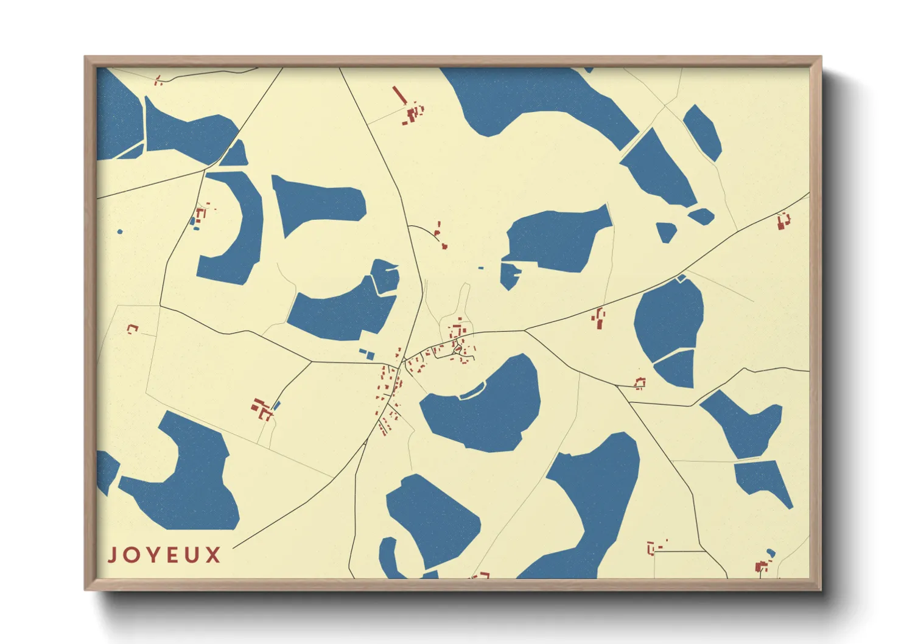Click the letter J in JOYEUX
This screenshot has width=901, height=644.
pos(113,555)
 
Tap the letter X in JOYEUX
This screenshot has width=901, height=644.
pos(212,555)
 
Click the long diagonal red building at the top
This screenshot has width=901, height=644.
pos(399,95)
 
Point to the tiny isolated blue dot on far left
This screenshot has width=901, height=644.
pos(120,231)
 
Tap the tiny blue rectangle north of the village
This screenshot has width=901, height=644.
pos(481,267)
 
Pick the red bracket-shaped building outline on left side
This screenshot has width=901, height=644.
pos(132,329)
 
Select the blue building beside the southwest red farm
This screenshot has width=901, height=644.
pos(276,405)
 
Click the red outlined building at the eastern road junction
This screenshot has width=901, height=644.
pos(640,383)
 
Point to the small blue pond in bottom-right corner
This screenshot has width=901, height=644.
pos(771,553)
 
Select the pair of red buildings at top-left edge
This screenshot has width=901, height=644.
pos(158,80)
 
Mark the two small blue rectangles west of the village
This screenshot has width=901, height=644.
pos(367,354)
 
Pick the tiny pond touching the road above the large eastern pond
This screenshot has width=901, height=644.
pos(681,278)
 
